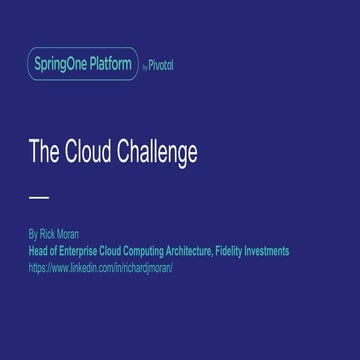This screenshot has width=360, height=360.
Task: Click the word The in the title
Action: pyautogui.click(x=42, y=153)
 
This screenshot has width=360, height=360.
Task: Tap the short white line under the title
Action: pyautogui.click(x=38, y=197)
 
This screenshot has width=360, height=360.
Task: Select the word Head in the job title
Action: pyautogui.click(x=38, y=252)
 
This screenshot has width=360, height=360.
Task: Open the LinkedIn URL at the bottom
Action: pyautogui.click(x=101, y=268)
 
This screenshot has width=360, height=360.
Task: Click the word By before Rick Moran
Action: pyautogui.click(x=33, y=236)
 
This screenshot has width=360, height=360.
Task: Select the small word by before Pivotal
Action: pyautogui.click(x=145, y=67)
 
